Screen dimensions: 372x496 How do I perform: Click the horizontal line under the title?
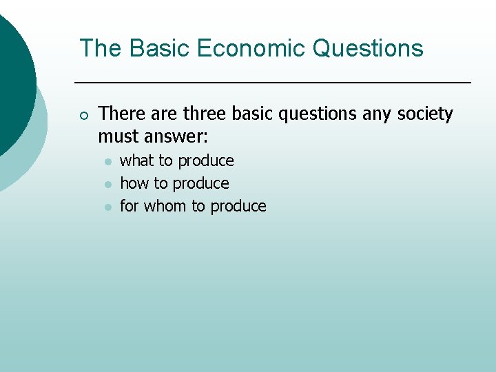(272, 83)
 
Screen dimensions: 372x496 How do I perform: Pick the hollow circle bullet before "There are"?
(83, 114)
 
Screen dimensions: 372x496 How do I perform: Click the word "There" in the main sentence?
(121, 114)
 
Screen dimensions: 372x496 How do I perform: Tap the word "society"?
(426, 114)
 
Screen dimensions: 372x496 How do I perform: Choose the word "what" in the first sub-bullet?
(136, 161)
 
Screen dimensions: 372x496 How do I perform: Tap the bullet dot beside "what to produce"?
(108, 161)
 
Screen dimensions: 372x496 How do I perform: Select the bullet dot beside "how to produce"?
(108, 184)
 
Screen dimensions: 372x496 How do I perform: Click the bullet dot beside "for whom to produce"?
(108, 207)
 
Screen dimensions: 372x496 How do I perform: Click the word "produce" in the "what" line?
(206, 161)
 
